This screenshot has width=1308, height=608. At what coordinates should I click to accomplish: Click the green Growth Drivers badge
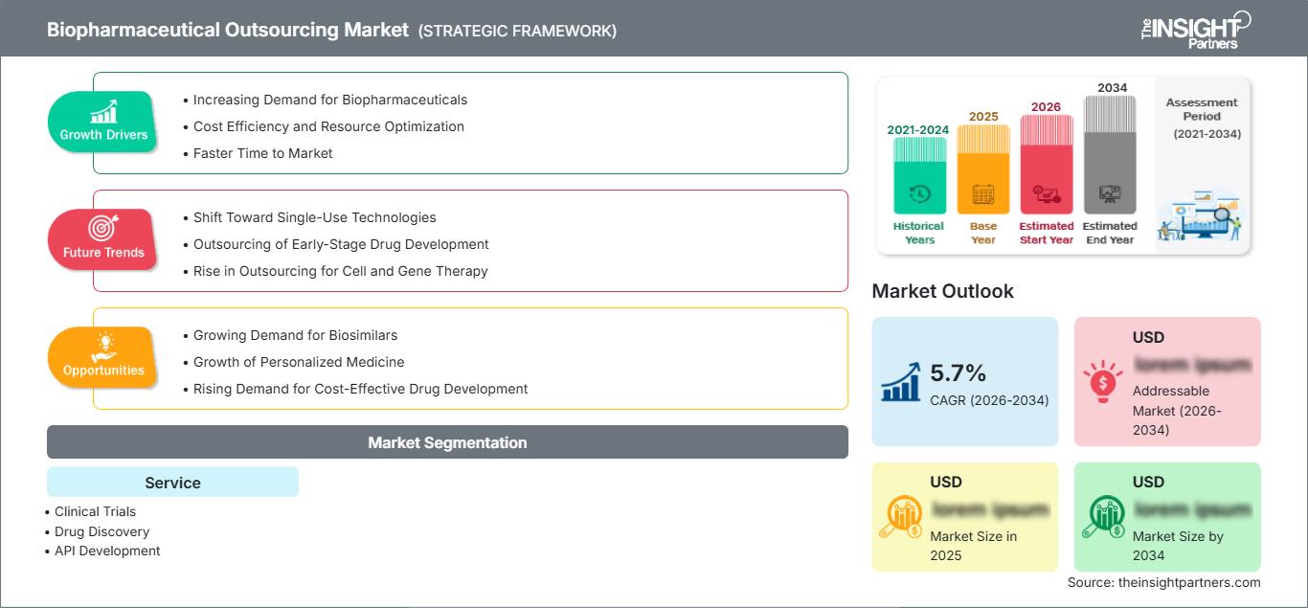pos(103,123)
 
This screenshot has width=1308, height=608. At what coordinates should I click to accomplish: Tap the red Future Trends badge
pos(103,240)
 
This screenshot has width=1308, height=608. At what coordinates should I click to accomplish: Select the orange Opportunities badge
pos(103,358)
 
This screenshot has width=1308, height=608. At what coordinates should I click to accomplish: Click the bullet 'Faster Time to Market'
pos(262,153)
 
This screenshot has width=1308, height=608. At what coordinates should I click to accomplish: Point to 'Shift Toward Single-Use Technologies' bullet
pos(314,217)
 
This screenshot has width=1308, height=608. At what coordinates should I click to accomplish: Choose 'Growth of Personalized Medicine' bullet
pos(298,362)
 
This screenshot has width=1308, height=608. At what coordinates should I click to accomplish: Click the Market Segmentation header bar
pos(447,442)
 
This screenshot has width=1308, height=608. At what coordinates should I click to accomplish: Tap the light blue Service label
pos(172,483)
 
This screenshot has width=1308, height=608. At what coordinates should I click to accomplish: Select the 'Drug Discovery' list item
pos(101,531)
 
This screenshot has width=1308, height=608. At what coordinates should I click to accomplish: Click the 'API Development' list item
pos(107,551)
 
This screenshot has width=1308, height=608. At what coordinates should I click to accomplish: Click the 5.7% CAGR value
pos(958,372)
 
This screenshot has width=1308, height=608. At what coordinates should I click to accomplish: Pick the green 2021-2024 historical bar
pos(919,175)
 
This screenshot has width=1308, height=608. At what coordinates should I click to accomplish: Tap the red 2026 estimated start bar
pos(1046,164)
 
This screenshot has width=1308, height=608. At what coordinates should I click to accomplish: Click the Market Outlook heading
pos(942,291)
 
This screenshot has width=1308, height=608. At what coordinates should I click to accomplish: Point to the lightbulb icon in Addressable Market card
pos(1102,381)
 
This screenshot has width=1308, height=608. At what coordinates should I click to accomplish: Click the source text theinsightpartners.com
pos(1163,582)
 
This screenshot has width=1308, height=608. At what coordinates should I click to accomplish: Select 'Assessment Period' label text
pos(1202,109)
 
